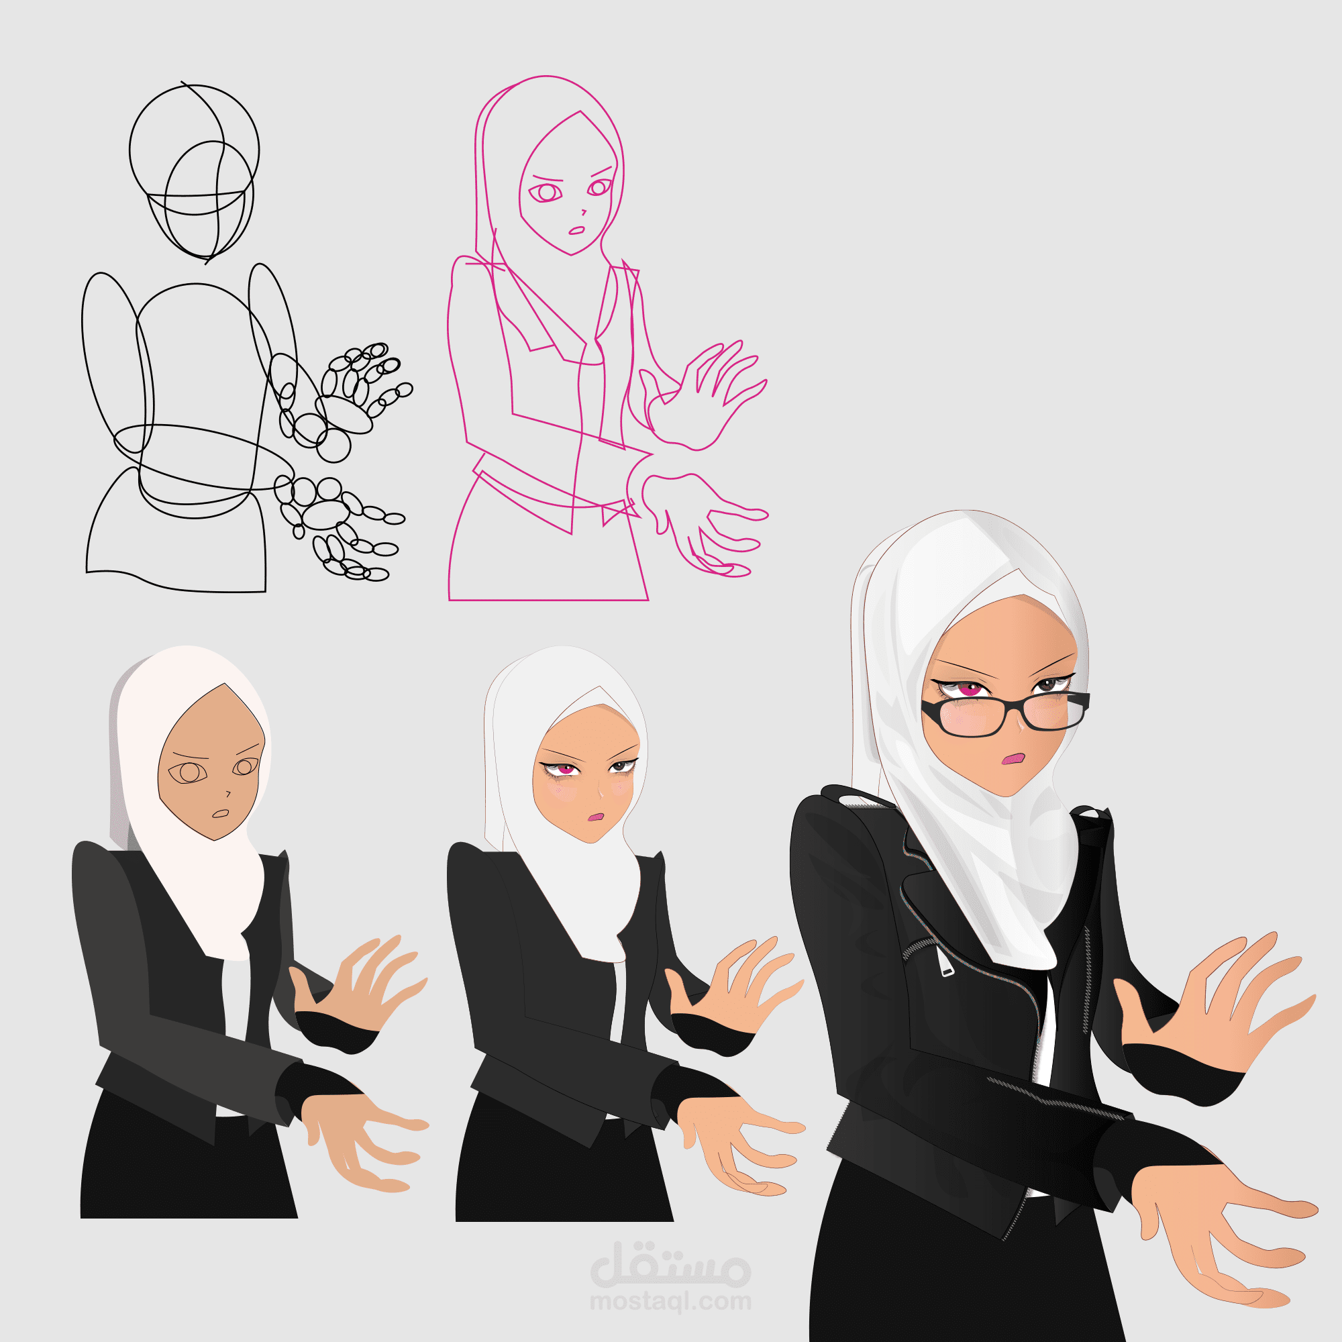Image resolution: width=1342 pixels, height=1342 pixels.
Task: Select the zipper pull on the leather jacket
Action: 945,962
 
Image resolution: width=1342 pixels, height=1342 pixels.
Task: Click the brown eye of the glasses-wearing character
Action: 1047,686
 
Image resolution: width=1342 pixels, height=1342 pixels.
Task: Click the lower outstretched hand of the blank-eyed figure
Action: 364,1139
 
